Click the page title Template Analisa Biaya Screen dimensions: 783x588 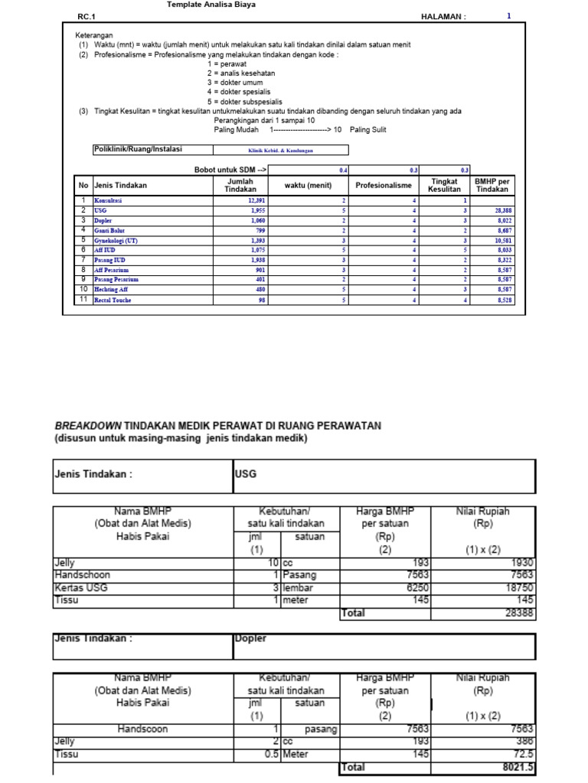pos(211,5)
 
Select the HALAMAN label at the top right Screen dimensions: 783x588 pos(443,16)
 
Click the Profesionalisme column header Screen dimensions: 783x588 pos(384,185)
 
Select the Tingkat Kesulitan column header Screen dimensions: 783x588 pos(444,185)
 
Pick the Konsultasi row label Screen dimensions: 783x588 pos(108,200)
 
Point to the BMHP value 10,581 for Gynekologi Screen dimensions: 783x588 pos(503,240)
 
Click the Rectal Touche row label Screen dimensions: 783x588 pos(113,301)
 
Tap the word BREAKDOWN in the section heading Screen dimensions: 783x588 pos(87,425)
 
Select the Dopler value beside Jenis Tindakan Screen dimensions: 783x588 pos(250,638)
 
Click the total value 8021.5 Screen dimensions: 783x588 pos(518,767)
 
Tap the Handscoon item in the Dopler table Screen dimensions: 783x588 pos(142,729)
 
